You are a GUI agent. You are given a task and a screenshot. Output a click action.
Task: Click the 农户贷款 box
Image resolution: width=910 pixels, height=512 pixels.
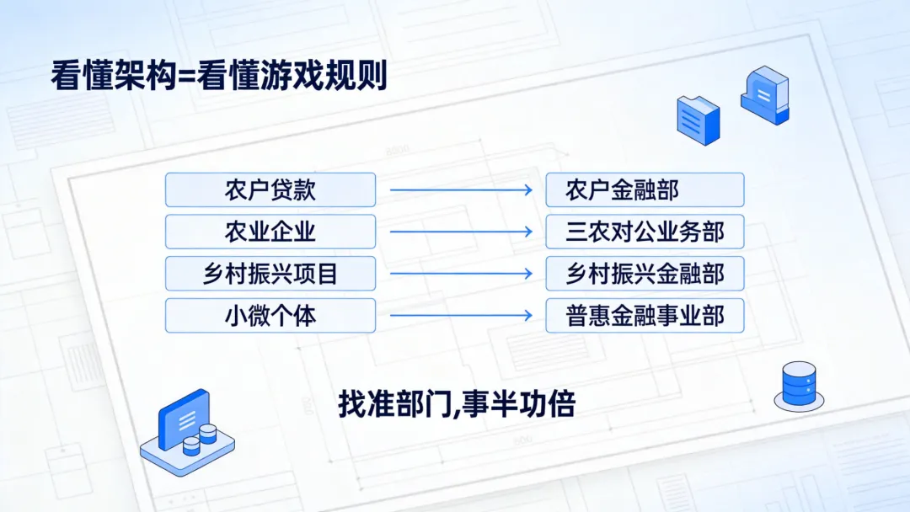click(x=270, y=189)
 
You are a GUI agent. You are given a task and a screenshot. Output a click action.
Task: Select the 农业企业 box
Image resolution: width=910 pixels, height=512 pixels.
click(x=270, y=231)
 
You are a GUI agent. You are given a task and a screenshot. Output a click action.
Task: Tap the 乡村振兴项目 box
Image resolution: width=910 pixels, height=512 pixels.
click(x=270, y=273)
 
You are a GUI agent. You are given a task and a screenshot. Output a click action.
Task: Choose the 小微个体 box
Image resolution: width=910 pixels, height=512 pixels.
click(x=270, y=315)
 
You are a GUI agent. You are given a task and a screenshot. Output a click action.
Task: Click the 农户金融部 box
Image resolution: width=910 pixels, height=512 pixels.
click(x=645, y=189)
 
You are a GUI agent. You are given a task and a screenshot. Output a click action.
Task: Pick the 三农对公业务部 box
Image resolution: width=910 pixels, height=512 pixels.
click(x=645, y=231)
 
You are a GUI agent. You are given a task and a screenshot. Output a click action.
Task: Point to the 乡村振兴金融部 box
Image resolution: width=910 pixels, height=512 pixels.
click(x=645, y=273)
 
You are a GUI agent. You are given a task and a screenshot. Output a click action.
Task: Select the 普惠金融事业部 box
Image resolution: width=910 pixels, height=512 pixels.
click(x=645, y=315)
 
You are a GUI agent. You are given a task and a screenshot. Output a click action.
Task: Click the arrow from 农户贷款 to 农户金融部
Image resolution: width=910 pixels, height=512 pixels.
click(x=461, y=190)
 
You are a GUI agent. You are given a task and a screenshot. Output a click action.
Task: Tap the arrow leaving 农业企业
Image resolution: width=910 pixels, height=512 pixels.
click(x=461, y=232)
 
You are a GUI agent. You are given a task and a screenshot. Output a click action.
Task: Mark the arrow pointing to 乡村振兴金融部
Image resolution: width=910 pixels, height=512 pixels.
click(x=461, y=274)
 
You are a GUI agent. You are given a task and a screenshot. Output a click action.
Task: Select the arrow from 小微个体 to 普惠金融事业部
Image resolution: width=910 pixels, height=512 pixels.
click(x=461, y=316)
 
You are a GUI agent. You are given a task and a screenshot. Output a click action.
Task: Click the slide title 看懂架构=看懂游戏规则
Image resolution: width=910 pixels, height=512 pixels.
click(x=219, y=76)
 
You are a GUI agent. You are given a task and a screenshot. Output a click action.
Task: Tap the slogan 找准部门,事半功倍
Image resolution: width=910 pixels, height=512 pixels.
click(x=456, y=404)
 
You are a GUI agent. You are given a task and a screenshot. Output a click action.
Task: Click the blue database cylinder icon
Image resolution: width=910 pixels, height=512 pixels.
click(x=799, y=385)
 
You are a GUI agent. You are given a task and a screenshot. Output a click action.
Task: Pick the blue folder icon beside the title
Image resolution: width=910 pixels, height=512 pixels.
click(x=699, y=117)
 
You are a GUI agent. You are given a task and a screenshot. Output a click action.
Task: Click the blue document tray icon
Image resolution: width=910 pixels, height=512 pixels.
click(x=764, y=95)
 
